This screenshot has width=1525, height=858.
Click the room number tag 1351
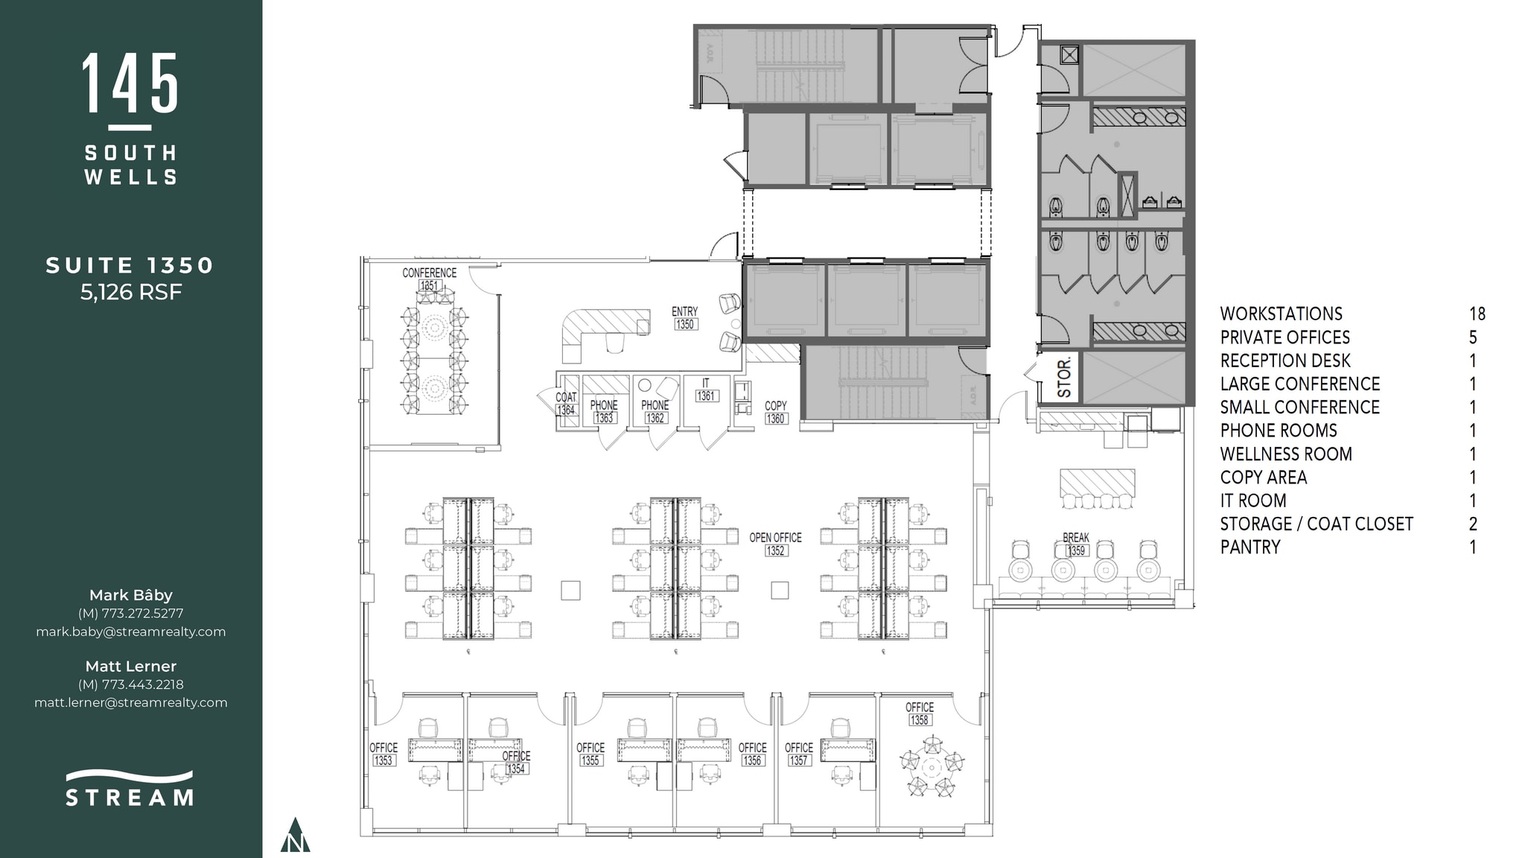pos(430,286)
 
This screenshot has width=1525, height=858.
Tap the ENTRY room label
pos(684,312)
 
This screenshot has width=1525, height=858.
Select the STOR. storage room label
pos(1064,376)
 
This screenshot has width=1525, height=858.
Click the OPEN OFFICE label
pos(775,538)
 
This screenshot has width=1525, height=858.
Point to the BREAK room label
pos(1076,538)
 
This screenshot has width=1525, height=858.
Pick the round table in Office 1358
pos(932,766)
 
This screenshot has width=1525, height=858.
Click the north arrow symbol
pos(296,836)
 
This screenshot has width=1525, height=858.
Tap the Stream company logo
pos(130,789)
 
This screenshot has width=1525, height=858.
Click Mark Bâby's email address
pos(131,632)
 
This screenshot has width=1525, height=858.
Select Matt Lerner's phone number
pos(131,684)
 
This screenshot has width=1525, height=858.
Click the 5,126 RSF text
pos(131,292)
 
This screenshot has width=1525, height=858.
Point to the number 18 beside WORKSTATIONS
pos(1477,314)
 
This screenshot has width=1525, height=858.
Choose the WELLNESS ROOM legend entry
pos(1285,454)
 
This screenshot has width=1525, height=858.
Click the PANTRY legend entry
pos(1250,547)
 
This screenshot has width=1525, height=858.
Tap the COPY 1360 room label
pos(775,412)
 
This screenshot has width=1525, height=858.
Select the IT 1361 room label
pos(706,390)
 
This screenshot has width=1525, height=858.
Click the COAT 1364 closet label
pos(566,404)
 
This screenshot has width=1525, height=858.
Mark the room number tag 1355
pos(590,760)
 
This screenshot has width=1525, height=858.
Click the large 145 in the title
pos(130,83)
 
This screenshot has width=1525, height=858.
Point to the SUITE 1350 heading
pos(130,266)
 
